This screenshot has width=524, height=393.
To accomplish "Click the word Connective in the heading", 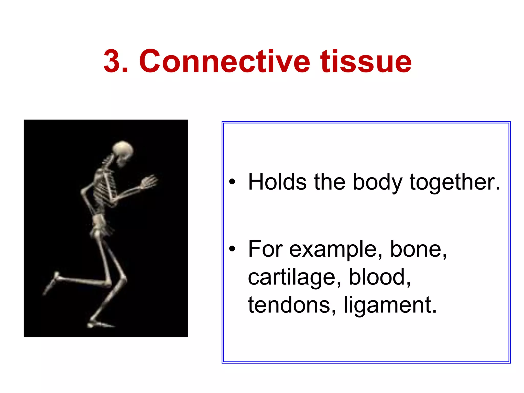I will pos(224,61).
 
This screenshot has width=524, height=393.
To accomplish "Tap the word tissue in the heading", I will pos(366,61).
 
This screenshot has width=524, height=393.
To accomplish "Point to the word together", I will pos(454,182).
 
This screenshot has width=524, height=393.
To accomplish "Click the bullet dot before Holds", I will pos(232,182).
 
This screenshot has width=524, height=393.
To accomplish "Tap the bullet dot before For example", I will pos(232,249).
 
